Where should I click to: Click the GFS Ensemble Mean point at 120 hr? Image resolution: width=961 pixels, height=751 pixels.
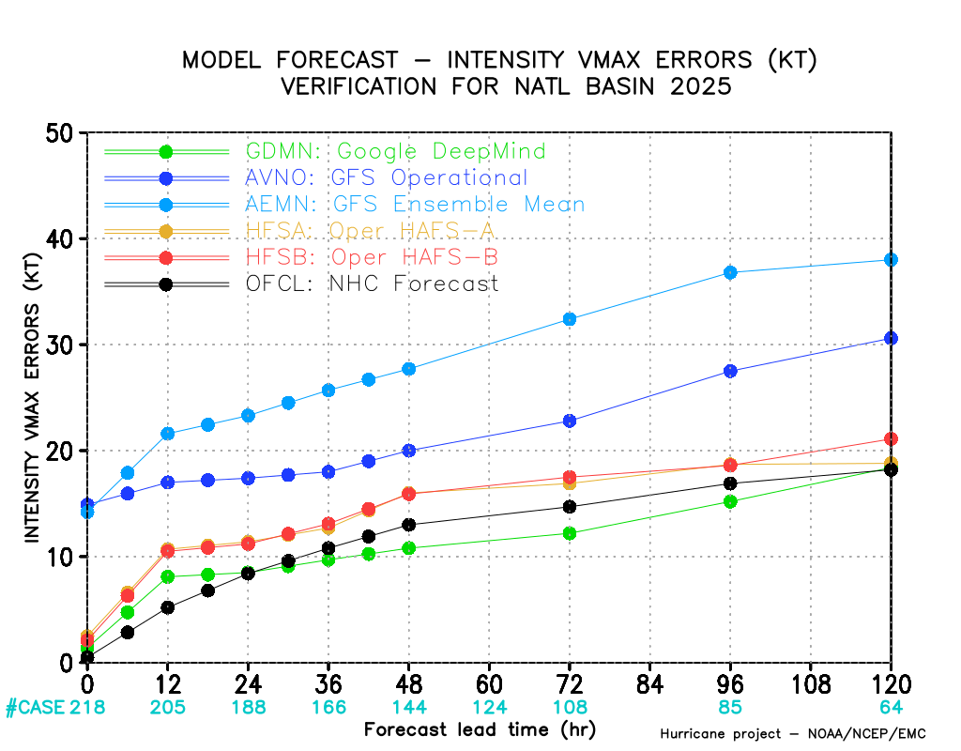[x=891, y=259]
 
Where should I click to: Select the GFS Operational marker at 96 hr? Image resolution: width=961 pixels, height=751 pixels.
[x=730, y=371]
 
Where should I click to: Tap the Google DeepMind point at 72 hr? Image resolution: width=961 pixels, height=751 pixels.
[x=570, y=533]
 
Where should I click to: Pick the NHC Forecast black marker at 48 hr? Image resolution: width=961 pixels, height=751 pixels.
[x=409, y=525]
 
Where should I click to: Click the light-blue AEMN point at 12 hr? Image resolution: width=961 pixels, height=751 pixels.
[x=168, y=434]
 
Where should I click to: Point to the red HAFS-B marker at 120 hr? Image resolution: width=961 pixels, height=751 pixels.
[x=891, y=438]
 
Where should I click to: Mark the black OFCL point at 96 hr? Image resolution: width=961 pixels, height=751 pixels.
[x=730, y=483]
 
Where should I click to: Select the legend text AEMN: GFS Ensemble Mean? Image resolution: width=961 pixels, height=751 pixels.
[x=415, y=204]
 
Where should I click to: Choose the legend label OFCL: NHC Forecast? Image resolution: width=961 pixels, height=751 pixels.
[x=372, y=284]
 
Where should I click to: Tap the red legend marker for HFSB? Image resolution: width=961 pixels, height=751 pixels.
[x=166, y=257]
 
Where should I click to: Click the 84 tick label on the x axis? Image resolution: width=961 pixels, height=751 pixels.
[x=650, y=682]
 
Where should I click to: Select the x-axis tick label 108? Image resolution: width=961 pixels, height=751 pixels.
[x=811, y=682]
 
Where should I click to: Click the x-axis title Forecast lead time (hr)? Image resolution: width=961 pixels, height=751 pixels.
[x=480, y=729]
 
